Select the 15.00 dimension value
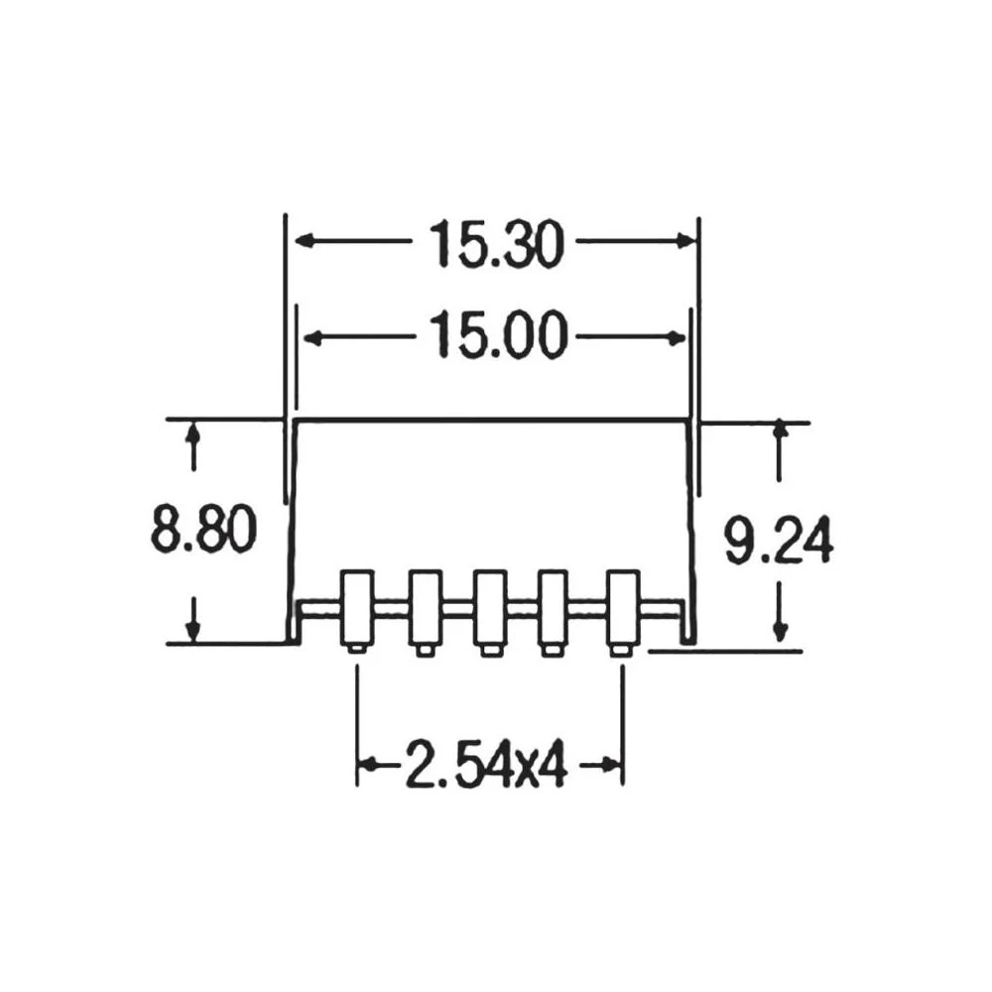pos(496,337)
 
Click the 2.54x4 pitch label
pos(486,765)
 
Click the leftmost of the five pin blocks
pos(357,607)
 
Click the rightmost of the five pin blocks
pos(622,607)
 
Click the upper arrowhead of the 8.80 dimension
pos(194,433)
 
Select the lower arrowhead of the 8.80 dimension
pos(194,631)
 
